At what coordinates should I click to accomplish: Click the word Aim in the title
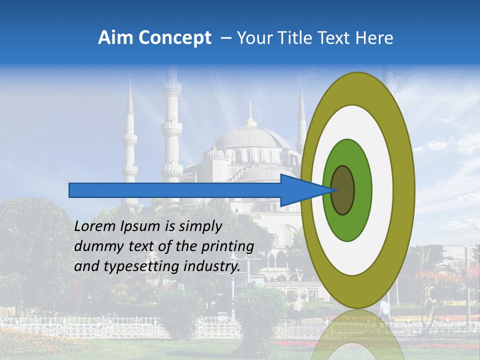(116, 38)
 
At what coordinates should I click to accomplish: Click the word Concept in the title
(174, 38)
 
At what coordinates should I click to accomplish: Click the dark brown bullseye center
(343, 190)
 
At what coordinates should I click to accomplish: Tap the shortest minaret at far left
(130, 145)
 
